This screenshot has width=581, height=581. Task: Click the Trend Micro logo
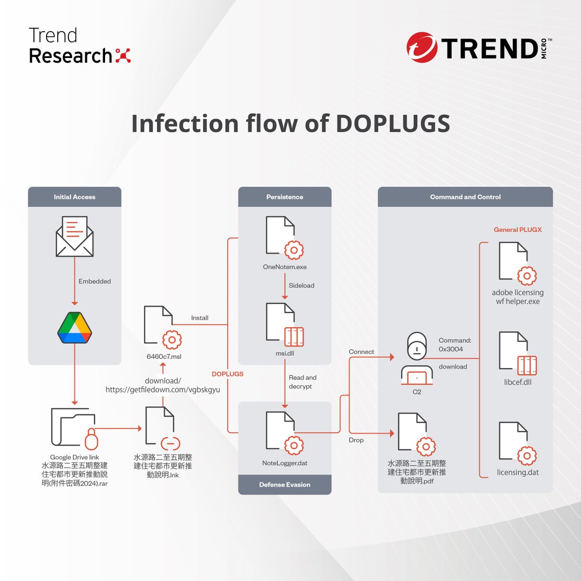click(x=478, y=47)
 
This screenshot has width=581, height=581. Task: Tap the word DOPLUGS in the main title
click(x=393, y=123)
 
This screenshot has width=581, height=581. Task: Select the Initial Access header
click(x=75, y=197)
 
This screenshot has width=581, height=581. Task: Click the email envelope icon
click(x=75, y=236)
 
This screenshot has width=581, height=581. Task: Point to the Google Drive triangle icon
click(x=75, y=328)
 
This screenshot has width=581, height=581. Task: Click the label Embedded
click(x=94, y=281)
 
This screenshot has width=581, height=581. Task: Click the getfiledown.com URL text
click(x=163, y=390)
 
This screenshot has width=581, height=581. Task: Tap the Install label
click(x=199, y=318)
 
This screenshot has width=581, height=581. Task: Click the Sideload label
click(x=301, y=286)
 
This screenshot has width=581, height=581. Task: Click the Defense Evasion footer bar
click(x=285, y=485)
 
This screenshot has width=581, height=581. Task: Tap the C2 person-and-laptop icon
click(x=416, y=359)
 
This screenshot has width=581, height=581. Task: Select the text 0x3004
click(x=451, y=349)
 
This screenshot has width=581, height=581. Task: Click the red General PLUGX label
click(x=518, y=229)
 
